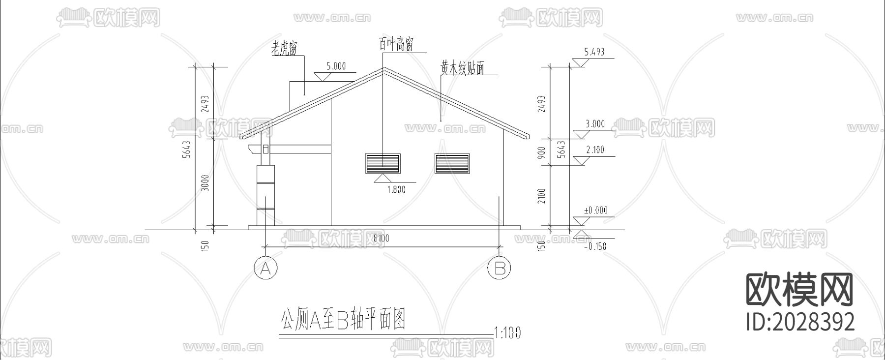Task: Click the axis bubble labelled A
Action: click(265, 269)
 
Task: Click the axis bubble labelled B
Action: click(499, 269)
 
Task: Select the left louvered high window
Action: click(383, 163)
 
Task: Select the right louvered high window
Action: click(452, 163)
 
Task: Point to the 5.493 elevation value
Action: click(594, 52)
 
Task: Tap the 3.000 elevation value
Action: click(595, 124)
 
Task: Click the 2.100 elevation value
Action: click(595, 150)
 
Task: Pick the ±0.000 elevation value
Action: click(595, 210)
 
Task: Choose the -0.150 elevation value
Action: click(595, 246)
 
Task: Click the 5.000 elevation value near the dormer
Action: click(336, 66)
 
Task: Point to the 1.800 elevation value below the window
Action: click(396, 189)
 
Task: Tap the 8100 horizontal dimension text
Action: click(381, 239)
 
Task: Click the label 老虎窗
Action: click(285, 48)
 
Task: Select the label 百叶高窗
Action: click(396, 44)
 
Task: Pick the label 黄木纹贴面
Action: click(462, 68)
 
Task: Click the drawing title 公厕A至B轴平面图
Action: click(343, 320)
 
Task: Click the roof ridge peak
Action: click(384, 68)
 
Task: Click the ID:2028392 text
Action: click(800, 322)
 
